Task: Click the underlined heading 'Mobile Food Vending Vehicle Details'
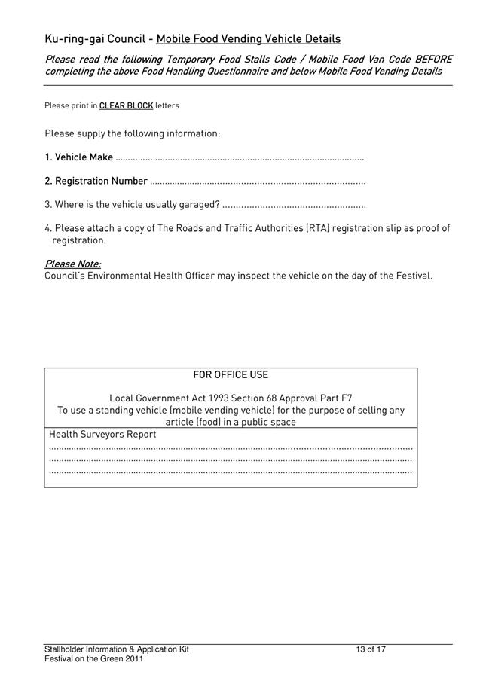(x=249, y=39)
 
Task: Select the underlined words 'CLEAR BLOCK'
(x=126, y=105)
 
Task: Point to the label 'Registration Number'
(x=101, y=181)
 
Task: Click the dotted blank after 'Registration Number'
(x=258, y=182)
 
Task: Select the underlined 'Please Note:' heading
(x=73, y=264)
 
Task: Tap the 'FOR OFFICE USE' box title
(x=231, y=375)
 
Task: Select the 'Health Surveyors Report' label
(x=102, y=435)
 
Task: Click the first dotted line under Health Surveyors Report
(x=231, y=447)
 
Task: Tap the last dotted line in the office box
(x=231, y=472)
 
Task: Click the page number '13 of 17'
(x=371, y=649)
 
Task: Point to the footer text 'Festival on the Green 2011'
(x=94, y=659)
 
